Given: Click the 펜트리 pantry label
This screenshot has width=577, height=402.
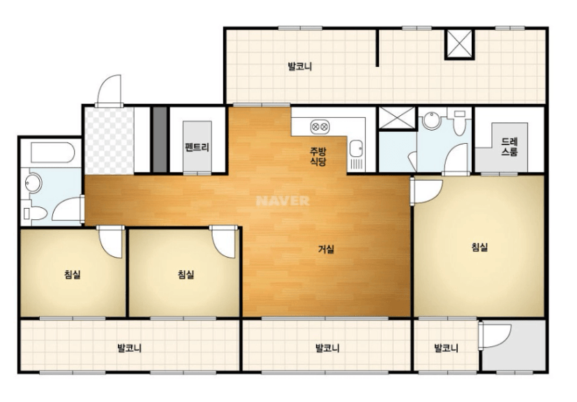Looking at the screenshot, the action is point(197,148).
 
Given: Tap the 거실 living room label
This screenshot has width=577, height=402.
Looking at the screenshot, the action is point(327,249).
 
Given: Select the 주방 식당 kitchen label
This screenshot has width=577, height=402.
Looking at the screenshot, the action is point(318,156).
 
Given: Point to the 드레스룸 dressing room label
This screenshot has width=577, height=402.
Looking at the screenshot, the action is point(509,147).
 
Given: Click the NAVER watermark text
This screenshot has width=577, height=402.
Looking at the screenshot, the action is point(283,200).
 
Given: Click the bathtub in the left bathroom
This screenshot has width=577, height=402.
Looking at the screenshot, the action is point(53,152).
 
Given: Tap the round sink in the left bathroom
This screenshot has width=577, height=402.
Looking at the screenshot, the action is point(33,184).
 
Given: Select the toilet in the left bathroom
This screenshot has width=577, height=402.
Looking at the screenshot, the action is point(35,213).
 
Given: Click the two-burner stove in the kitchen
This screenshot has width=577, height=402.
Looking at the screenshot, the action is point(320,127).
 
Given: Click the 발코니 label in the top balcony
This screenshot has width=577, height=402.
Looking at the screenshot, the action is point(300,66).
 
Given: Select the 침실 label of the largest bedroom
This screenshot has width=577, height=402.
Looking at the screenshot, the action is point(480,247).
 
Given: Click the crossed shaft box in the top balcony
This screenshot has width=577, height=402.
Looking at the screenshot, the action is point(459,44).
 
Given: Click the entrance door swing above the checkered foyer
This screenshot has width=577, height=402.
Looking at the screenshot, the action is point(109,90).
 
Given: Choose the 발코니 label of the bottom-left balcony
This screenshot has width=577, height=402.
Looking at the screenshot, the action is point(130,348).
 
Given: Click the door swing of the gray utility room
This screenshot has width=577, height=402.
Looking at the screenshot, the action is point(495,336).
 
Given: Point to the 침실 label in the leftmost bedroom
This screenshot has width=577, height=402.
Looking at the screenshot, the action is point(73,274).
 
